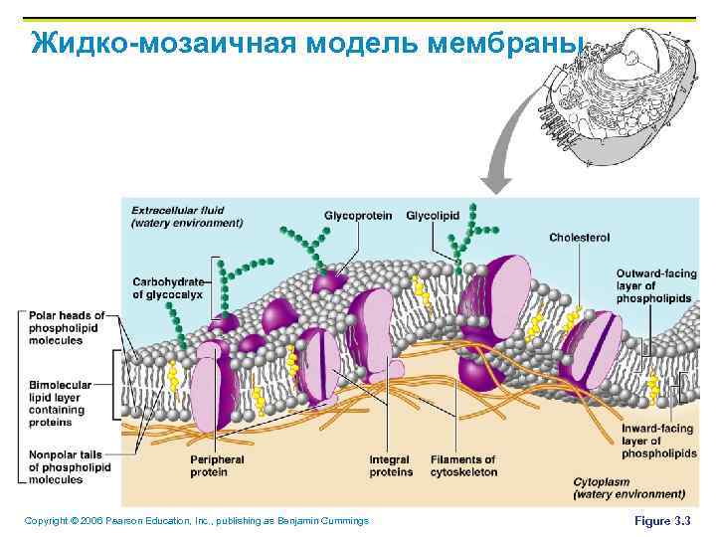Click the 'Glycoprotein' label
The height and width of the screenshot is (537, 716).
(357, 216)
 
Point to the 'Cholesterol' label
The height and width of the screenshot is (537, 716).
(579, 238)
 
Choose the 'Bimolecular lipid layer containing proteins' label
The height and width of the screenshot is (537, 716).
(65, 403)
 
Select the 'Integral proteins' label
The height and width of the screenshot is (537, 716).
(390, 465)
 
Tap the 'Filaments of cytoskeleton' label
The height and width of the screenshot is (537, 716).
(463, 465)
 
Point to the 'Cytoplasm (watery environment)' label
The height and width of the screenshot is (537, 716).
(628, 487)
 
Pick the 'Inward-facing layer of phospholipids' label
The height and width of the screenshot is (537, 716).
(652, 441)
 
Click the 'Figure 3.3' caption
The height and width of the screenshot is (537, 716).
(661, 520)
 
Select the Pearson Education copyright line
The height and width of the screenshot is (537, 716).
(196, 520)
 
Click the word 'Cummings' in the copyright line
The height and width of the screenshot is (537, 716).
(344, 520)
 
